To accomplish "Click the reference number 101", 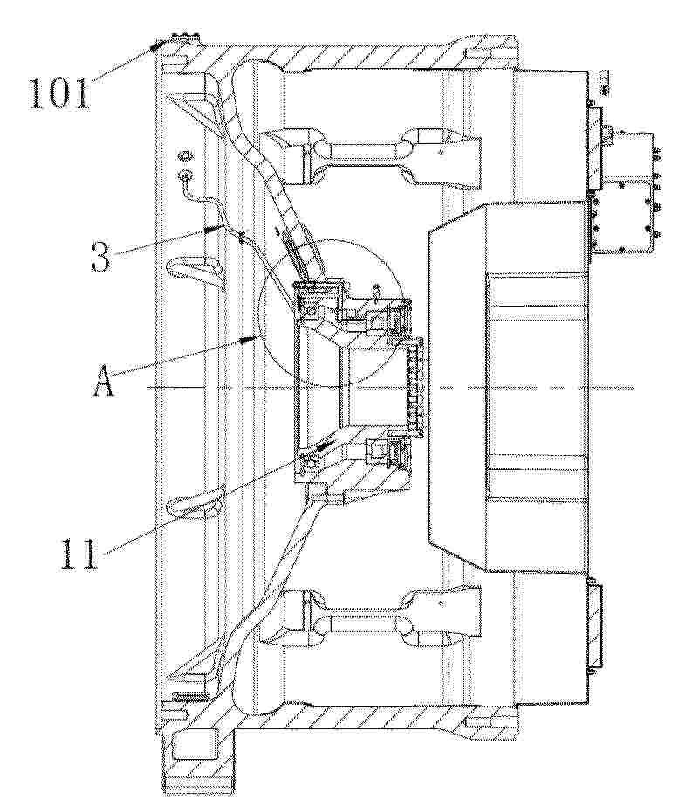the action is (x=59, y=93).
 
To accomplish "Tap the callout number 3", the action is (x=101, y=256).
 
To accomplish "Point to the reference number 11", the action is (x=79, y=555).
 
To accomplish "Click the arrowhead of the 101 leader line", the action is (x=156, y=45).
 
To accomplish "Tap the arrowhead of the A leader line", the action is (x=252, y=338).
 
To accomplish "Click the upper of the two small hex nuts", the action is (x=186, y=155).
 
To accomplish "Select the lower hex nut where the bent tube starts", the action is (x=186, y=176).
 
